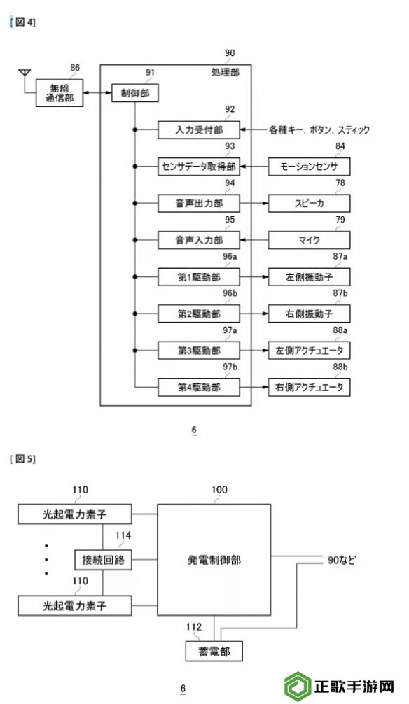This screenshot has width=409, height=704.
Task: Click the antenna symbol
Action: [x=25, y=73]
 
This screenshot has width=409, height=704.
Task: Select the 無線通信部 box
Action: [x=60, y=93]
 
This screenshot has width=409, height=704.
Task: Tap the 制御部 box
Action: [x=135, y=93]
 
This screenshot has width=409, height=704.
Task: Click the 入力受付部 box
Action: [x=199, y=130]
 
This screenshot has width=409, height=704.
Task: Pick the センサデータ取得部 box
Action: [x=199, y=167]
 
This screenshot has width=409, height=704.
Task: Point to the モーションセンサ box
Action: [x=310, y=167]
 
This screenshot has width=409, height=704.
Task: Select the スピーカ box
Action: [x=310, y=204]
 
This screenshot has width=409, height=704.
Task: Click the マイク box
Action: [x=310, y=240]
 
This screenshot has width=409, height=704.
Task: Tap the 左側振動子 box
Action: [x=310, y=277]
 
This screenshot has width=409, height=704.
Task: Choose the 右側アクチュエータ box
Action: [x=310, y=387]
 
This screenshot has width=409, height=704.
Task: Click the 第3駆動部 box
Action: [x=199, y=351]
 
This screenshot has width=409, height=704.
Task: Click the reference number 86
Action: [x=75, y=68]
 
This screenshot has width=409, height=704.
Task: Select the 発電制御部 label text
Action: [x=214, y=560]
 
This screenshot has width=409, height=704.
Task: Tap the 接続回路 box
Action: [x=103, y=560]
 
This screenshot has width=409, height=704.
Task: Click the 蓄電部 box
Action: [x=214, y=651]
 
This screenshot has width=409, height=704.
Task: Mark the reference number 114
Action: [x=123, y=535]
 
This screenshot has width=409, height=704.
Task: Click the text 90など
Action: [x=341, y=561]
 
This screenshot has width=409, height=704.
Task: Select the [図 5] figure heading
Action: [x=22, y=459]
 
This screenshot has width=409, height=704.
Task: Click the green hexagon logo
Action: [x=298, y=686]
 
